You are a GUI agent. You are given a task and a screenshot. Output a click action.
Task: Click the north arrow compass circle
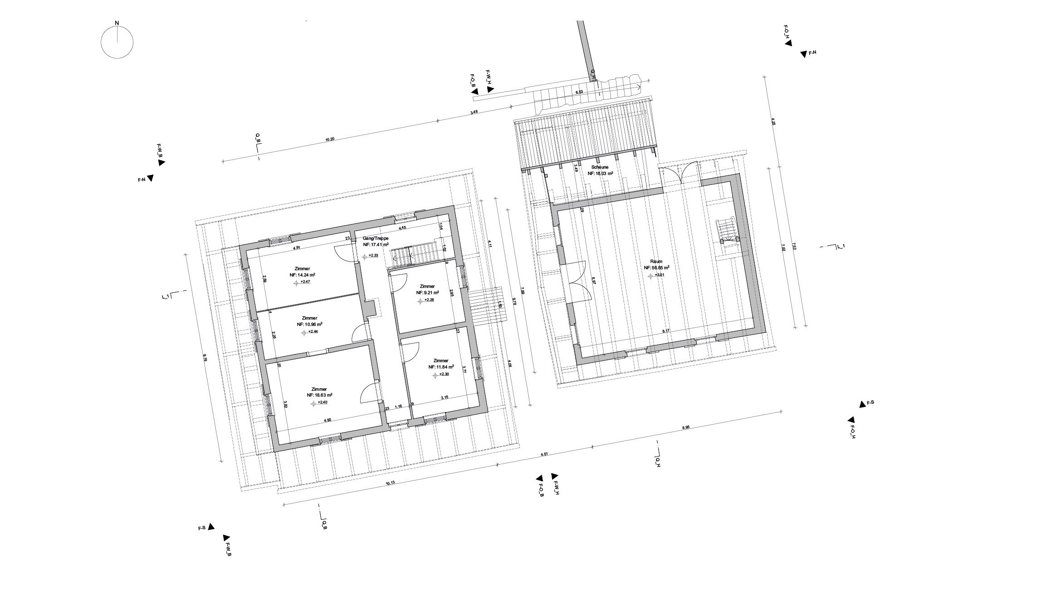[x=117, y=42]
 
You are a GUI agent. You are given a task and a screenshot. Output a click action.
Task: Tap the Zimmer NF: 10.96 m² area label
[x=309, y=321]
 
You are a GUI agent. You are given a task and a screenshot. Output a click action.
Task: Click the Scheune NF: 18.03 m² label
[x=600, y=170]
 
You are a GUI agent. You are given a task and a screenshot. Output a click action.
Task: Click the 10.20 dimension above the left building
[x=330, y=140]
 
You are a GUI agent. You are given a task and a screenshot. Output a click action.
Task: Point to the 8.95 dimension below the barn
[x=685, y=427]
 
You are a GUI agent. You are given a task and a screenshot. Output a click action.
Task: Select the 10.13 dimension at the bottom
[x=390, y=483]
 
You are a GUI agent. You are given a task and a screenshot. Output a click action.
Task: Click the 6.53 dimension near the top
[x=579, y=92]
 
